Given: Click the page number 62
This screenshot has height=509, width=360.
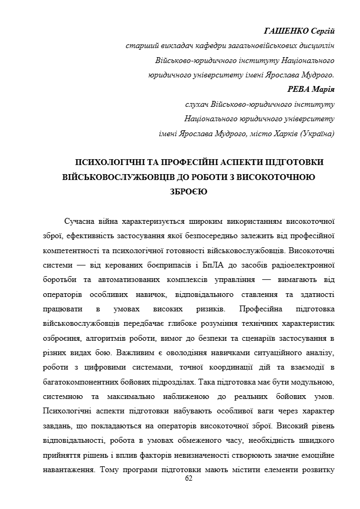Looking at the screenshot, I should (x=188, y=479).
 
